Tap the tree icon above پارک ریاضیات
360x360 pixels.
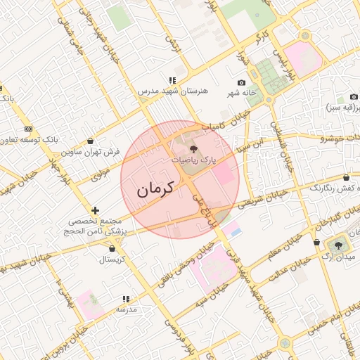[x=194, y=148]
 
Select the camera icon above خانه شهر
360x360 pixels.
[x=242, y=83]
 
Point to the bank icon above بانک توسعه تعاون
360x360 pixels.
[x=28, y=129]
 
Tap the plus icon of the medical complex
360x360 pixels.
[x=96, y=210]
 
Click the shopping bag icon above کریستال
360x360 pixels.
[x=113, y=247]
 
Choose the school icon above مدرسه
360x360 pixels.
[x=126, y=299]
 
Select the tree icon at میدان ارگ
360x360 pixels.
[x=340, y=245]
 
